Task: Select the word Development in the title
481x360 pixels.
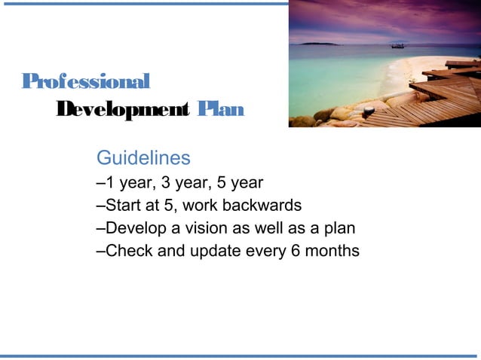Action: tap(123, 110)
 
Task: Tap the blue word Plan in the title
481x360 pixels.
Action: tap(220, 110)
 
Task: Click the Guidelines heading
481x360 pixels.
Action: tap(143, 158)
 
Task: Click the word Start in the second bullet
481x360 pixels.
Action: tap(123, 206)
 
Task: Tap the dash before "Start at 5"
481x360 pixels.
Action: tap(101, 206)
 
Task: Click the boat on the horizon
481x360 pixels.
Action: tap(397, 45)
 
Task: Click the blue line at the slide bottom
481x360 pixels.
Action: tap(240, 355)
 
